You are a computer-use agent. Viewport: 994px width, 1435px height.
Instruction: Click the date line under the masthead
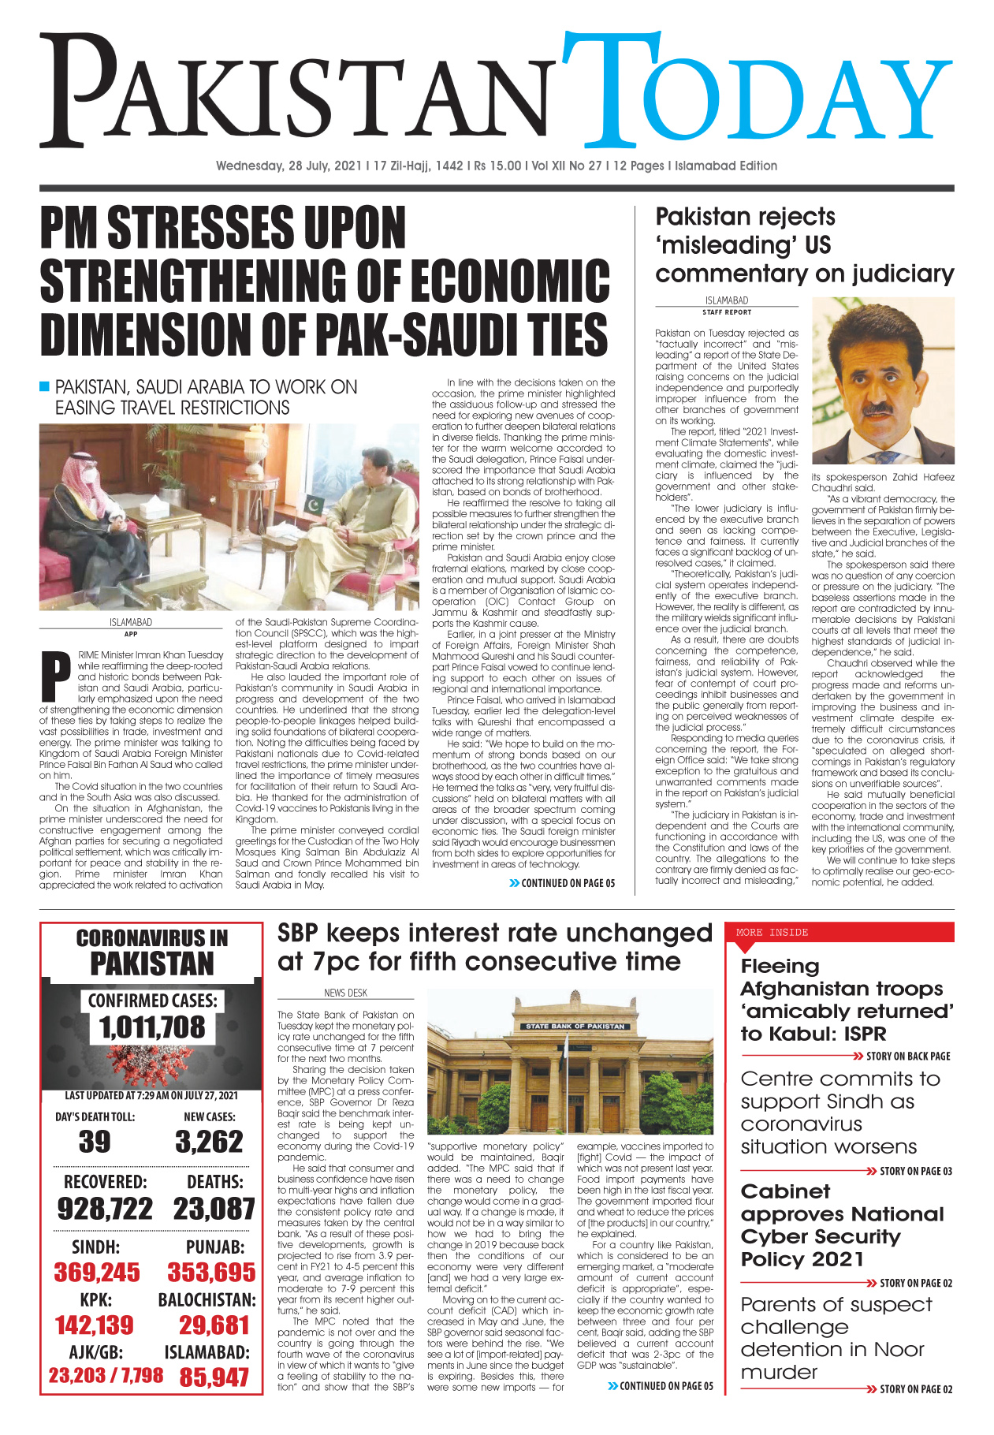click(497, 166)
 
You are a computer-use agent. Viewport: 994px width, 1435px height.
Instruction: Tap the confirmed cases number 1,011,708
click(152, 1027)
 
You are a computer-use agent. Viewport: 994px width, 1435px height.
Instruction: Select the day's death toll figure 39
click(95, 1142)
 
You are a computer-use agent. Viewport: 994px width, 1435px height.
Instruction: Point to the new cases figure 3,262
click(209, 1142)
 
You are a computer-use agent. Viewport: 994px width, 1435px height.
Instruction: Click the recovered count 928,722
click(105, 1209)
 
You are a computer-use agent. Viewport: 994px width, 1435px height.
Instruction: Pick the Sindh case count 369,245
click(97, 1273)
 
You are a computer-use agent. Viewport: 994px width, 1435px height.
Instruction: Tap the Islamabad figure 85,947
click(214, 1377)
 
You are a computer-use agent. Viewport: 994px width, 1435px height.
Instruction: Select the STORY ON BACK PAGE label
click(907, 1056)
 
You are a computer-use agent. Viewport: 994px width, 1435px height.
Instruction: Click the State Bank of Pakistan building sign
click(575, 1026)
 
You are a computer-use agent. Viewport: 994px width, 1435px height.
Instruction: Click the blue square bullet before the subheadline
click(45, 386)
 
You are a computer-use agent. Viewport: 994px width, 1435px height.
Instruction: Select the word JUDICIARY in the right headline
click(906, 274)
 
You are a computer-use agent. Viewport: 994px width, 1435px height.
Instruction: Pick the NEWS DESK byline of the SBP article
click(345, 993)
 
